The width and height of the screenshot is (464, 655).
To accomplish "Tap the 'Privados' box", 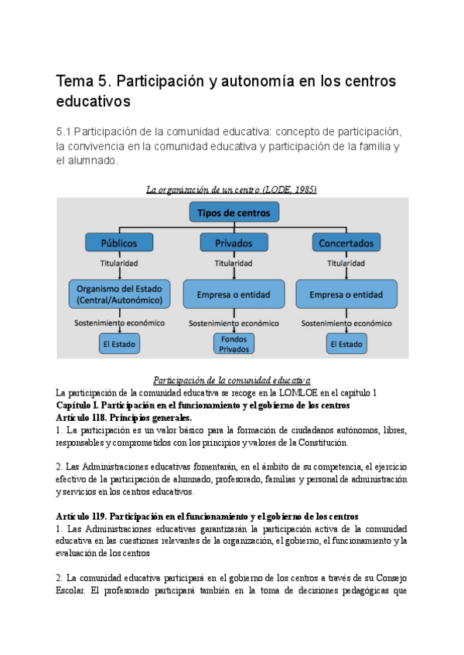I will point(234,243).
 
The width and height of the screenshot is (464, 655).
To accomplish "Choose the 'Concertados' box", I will point(346,243).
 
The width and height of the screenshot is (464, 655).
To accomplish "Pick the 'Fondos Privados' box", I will point(234,344).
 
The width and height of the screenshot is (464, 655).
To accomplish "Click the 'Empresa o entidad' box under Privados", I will point(234,294).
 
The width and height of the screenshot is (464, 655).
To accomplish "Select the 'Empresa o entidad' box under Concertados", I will point(346,294).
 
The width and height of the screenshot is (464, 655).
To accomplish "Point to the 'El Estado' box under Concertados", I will point(346,344).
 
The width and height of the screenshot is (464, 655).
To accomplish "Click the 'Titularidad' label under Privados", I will point(234,263).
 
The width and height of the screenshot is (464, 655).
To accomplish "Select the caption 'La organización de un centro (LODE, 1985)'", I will point(232,188).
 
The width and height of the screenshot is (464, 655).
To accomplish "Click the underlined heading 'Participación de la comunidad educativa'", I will point(232,380).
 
